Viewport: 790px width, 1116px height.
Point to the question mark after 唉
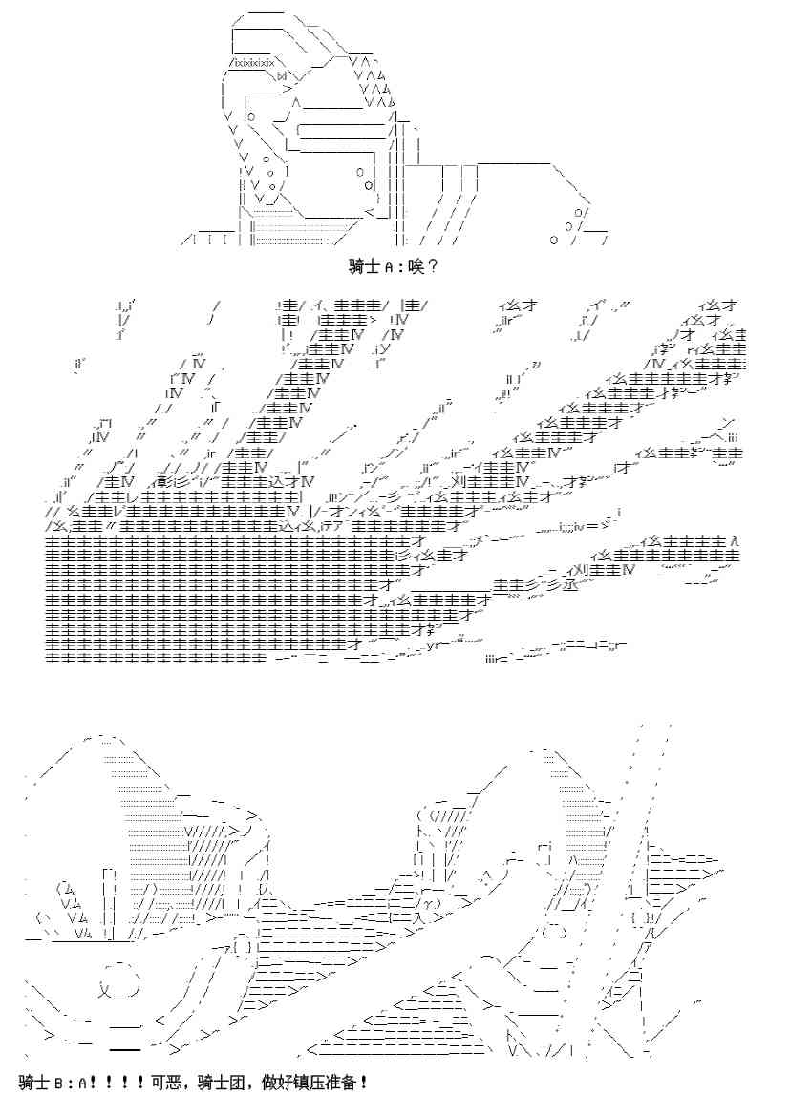click(433, 267)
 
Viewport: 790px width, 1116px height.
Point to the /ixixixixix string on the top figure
click(251, 63)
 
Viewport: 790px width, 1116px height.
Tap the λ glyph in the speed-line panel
click(734, 540)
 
